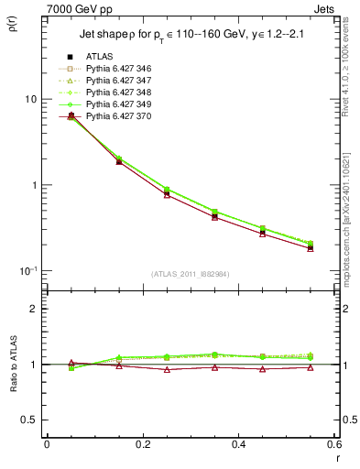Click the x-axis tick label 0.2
click(142, 446)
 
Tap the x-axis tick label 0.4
click(238, 446)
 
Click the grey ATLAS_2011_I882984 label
click(190, 273)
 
